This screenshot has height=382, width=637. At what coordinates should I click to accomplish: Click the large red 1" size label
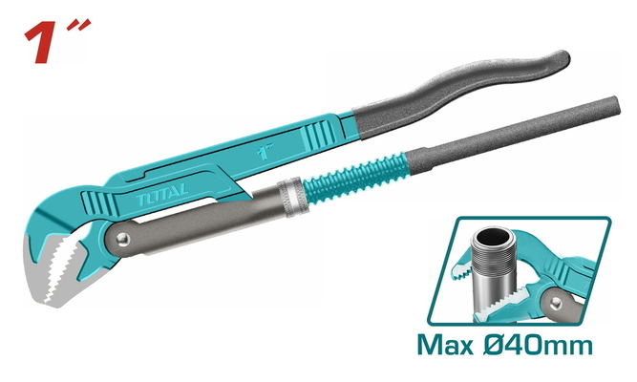(x=57, y=41)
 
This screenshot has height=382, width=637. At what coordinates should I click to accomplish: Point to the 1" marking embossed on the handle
(x=265, y=151)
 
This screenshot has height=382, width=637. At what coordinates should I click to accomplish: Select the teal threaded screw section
(x=354, y=178)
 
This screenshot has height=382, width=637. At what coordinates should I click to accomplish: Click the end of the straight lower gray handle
(x=613, y=106)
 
